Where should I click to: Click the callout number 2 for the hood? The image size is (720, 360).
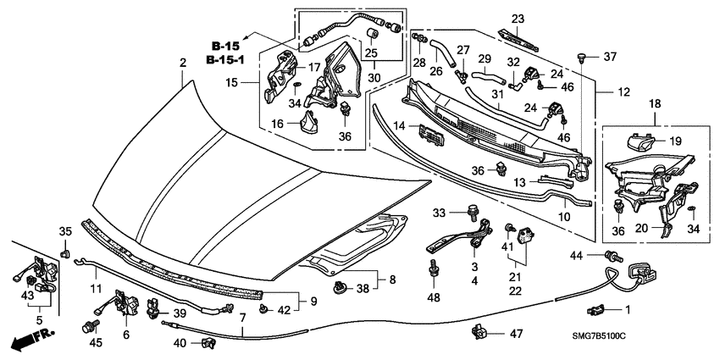[x=181, y=63]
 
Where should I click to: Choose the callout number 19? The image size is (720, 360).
[x=675, y=142]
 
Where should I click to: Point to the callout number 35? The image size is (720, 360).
[x=64, y=232]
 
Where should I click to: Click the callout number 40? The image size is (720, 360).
[x=180, y=342]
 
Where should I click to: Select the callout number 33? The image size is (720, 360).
[x=439, y=212]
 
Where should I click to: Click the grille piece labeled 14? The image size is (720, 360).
[x=430, y=136]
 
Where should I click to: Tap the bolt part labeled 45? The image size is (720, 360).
[x=87, y=326]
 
